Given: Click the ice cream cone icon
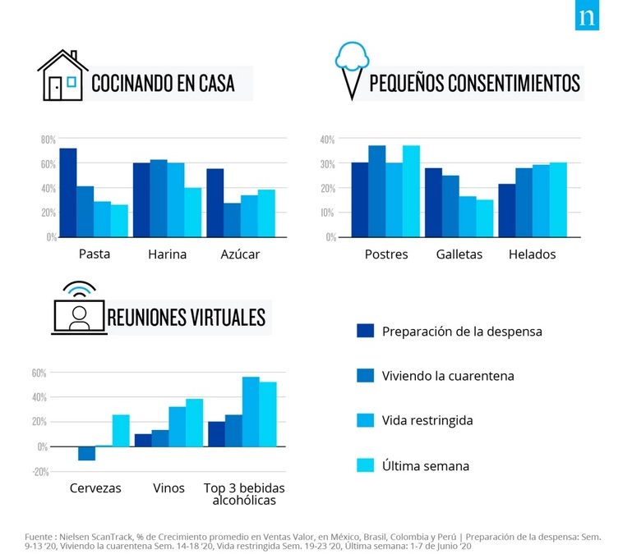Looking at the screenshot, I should (x=353, y=71).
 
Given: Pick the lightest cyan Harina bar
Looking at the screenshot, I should (x=193, y=212).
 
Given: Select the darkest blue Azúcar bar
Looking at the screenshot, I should (x=215, y=203).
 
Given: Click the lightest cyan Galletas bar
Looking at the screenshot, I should (x=485, y=217).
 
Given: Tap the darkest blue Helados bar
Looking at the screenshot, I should (x=507, y=210).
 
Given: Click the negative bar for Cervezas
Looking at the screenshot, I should (x=86, y=453).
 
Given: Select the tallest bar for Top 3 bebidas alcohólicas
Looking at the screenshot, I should (x=251, y=411).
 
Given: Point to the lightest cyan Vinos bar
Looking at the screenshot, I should (x=195, y=423).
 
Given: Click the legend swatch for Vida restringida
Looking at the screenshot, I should (x=365, y=420).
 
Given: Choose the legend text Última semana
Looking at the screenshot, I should (x=426, y=465).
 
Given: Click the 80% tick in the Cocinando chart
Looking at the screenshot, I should (x=48, y=140).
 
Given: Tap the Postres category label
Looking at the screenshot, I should (x=386, y=254).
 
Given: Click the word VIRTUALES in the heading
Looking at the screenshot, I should (x=225, y=317).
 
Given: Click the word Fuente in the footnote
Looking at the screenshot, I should (x=39, y=536).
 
